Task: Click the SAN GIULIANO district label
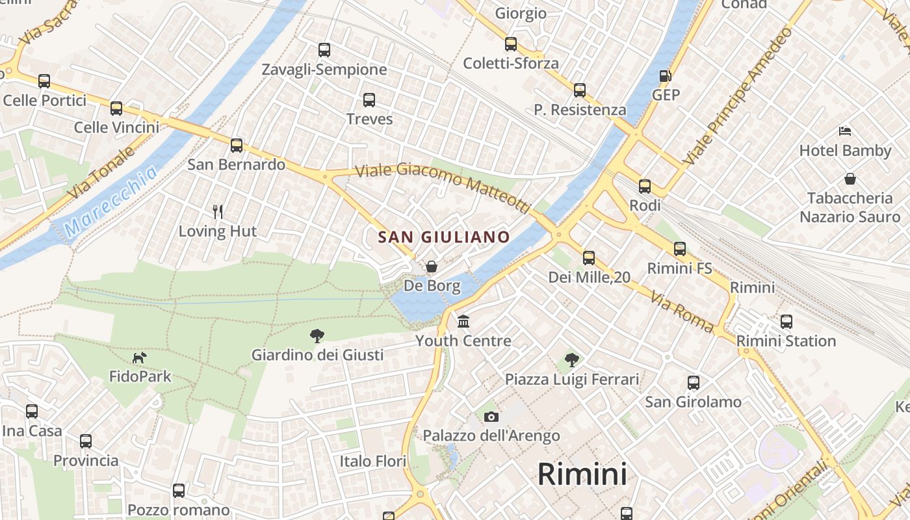coord(444,237)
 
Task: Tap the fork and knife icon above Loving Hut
coord(218,211)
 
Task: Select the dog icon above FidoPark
coord(140,357)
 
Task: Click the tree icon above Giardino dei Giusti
coord(317,336)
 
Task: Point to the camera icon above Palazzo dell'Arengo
coord(491,417)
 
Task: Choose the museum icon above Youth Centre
coord(463,322)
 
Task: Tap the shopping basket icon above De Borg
coord(431,266)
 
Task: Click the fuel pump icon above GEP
coord(665,76)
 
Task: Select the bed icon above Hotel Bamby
coord(845,132)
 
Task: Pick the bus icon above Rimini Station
coord(786,322)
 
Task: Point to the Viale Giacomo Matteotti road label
coord(443,187)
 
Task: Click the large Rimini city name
coord(582,474)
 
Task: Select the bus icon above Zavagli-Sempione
coord(324,50)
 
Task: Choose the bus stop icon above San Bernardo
coord(237,146)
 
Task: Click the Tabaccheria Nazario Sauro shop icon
coord(850,179)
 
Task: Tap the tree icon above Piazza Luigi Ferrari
coord(571,359)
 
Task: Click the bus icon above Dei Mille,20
coord(589,258)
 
